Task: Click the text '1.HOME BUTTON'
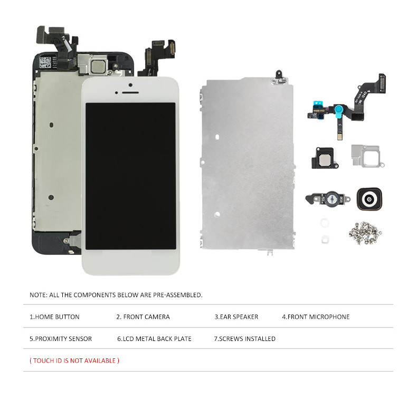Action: (x=54, y=317)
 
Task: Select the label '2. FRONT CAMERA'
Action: (x=143, y=317)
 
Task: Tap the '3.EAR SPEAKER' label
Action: (x=236, y=317)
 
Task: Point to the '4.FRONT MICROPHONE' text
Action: (x=316, y=317)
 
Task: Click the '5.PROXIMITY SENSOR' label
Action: (x=60, y=338)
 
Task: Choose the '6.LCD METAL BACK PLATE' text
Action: (x=154, y=338)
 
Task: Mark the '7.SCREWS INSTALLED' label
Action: (x=245, y=338)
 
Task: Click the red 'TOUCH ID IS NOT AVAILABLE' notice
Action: (x=74, y=361)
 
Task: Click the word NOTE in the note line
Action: (x=38, y=295)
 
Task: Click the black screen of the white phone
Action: (x=130, y=175)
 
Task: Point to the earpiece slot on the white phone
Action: (x=130, y=92)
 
